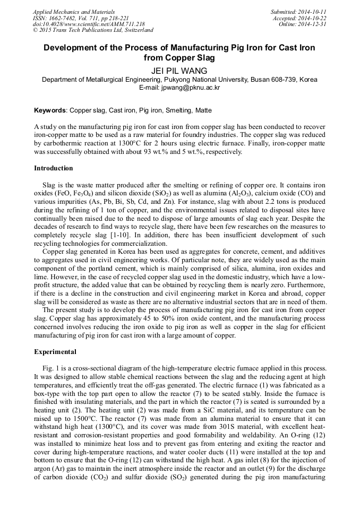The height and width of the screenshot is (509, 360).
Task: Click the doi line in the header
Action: point(89,24)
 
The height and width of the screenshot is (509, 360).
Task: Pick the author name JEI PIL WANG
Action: point(179,70)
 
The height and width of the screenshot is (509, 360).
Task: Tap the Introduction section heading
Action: point(54,168)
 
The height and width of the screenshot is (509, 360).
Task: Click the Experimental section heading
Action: point(55,351)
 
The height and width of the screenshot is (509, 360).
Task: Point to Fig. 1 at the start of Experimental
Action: point(50,368)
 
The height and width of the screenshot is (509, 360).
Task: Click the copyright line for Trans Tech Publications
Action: point(93,30)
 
